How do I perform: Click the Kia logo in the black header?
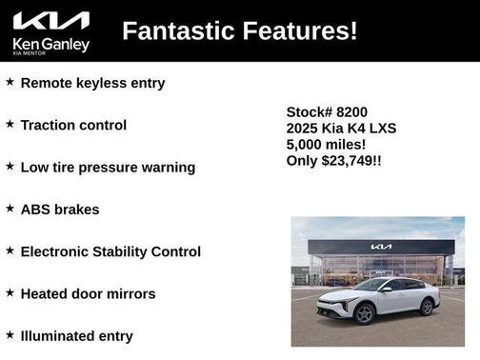point(51,21)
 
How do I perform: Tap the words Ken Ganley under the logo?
point(51,44)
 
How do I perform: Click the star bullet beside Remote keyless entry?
point(10,82)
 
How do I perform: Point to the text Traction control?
point(73,125)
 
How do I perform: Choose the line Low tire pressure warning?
point(108,167)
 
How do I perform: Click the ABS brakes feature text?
point(59,209)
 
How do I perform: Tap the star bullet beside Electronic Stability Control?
point(10,250)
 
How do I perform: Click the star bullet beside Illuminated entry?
point(10,334)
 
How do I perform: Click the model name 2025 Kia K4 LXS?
point(342,128)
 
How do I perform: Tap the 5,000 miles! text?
point(326,144)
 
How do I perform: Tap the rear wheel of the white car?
point(428,307)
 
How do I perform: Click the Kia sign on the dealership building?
point(381,248)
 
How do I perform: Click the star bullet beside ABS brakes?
point(10,208)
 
